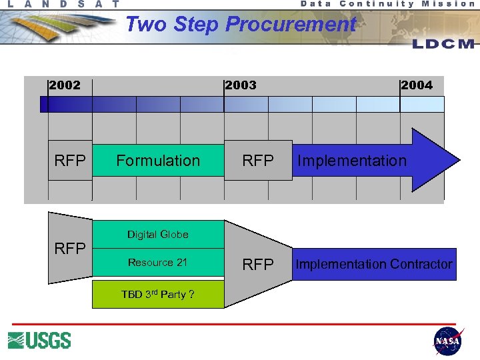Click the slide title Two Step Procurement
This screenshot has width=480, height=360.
tap(241, 25)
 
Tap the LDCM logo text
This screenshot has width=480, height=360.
tap(443, 44)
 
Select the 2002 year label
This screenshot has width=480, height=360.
tap(65, 85)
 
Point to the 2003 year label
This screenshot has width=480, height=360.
tap(241, 85)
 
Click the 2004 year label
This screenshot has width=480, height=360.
tap(417, 85)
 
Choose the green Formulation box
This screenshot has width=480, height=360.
tap(158, 161)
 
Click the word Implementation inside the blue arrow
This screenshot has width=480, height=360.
tap(351, 161)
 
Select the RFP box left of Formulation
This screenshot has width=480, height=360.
tap(70, 161)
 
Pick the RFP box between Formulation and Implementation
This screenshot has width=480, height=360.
tap(258, 161)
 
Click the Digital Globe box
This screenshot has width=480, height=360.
tap(158, 234)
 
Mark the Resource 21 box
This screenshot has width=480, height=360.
tap(158, 262)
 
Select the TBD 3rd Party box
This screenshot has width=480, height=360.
tap(158, 294)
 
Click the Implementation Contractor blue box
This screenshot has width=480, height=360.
tap(374, 264)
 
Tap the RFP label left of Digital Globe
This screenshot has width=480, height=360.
tap(70, 249)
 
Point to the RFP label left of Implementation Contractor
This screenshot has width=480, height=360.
tap(258, 265)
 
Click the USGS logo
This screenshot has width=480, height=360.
tap(39, 340)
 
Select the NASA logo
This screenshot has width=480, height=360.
tap(447, 341)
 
